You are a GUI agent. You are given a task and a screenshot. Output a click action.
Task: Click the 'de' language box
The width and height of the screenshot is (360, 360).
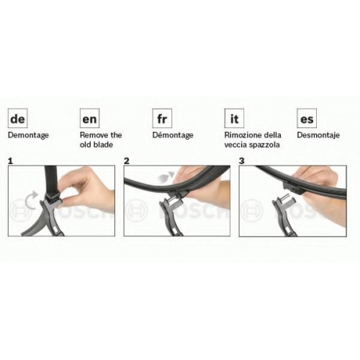point(18,118)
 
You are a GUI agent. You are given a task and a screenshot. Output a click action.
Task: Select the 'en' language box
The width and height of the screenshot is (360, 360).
point(89,118)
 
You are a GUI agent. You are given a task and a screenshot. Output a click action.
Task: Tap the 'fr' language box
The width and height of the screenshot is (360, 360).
point(162,118)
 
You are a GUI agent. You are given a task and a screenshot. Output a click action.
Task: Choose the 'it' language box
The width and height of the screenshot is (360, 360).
point(234,118)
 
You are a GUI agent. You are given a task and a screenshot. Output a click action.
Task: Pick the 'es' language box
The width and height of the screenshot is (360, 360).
point(307,118)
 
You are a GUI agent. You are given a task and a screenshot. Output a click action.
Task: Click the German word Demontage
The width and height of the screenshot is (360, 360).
point(28,135)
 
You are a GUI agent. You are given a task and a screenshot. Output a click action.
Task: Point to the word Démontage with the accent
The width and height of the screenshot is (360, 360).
point(173,135)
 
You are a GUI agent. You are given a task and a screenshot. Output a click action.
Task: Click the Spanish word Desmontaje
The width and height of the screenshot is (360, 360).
point(318,135)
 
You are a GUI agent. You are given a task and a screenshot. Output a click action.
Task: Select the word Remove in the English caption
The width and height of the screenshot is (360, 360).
point(92,135)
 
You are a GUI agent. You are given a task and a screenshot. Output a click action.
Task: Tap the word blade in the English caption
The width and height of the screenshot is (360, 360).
point(103,145)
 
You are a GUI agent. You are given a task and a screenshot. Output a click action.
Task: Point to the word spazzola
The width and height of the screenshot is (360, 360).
point(265,145)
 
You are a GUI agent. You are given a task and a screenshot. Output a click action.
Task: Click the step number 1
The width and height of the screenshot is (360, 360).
point(10,161)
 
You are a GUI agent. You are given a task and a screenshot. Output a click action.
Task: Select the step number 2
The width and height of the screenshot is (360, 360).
point(127,161)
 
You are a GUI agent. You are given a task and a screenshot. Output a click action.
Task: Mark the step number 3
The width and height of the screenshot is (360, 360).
point(242,161)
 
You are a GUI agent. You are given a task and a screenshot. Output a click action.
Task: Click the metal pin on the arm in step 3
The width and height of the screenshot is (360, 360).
point(286,199)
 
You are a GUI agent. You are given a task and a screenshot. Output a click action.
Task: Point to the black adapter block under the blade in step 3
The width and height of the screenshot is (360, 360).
point(292,188)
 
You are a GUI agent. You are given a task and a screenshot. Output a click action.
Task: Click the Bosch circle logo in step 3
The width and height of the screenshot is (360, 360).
point(252,210)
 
